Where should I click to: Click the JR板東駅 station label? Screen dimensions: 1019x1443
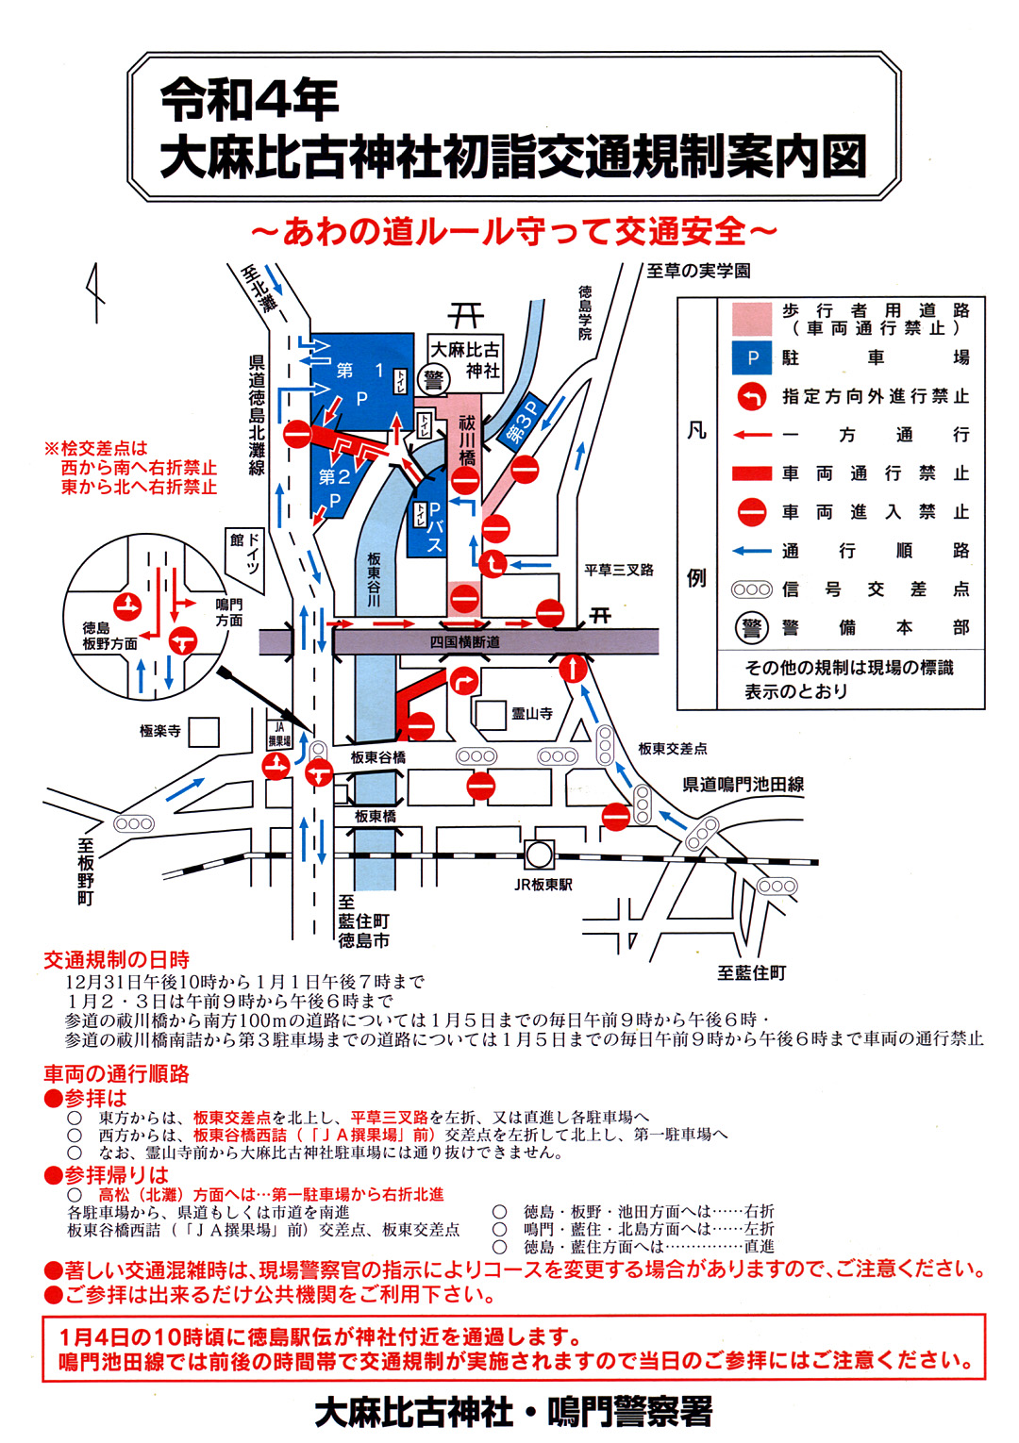click(x=543, y=885)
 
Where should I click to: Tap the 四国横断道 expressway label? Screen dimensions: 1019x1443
click(x=464, y=642)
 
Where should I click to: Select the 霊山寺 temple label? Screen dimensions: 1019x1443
click(x=532, y=714)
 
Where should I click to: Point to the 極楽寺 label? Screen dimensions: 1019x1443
click(x=159, y=731)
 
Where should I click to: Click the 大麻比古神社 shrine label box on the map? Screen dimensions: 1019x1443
click(x=465, y=359)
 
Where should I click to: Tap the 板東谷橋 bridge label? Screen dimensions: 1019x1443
click(x=377, y=757)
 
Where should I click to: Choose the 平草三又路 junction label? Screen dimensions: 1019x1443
click(x=618, y=571)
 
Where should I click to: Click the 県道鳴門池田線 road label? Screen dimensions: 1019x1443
click(x=743, y=785)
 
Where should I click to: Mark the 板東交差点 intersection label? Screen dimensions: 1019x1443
click(x=672, y=749)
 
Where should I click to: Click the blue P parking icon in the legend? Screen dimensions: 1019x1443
click(x=752, y=357)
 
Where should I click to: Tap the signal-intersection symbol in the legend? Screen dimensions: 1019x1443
click(x=752, y=589)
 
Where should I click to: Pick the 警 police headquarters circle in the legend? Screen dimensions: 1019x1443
click(x=752, y=628)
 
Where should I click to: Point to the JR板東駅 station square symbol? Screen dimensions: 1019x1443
click(x=539, y=854)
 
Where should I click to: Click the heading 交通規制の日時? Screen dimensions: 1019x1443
click(x=116, y=960)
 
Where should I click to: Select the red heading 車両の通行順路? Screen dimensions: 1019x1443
click(x=116, y=1074)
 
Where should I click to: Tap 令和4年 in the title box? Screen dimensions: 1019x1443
click(x=249, y=100)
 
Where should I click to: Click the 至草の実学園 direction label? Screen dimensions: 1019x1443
click(x=698, y=272)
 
